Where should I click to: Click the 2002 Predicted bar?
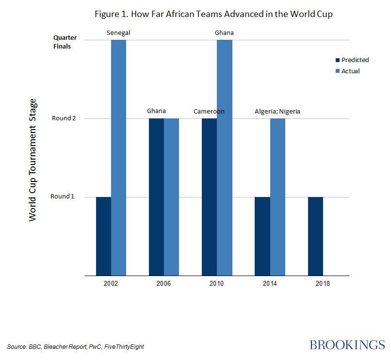103,236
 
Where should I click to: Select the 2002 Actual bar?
118,158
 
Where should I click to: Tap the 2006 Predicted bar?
156,197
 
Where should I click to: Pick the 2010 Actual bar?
224,158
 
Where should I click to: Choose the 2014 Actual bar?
277,197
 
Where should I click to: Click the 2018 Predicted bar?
315,236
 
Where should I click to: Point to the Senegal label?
118,33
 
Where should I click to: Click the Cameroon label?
209,111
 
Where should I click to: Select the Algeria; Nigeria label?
277,111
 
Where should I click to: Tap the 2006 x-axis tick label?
163,283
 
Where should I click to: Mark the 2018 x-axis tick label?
323,283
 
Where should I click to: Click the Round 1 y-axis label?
63,196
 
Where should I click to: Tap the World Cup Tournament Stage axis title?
33,160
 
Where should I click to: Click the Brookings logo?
347,345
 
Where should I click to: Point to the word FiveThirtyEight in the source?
124,346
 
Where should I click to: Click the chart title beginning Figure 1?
214,14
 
